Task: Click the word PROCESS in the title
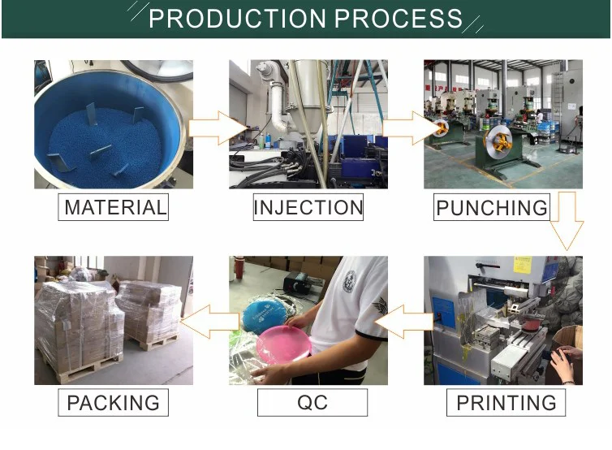click(399, 19)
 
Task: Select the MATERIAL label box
click(115, 207)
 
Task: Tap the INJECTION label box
click(308, 207)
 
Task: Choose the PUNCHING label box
click(492, 208)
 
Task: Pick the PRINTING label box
click(506, 402)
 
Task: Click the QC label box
click(312, 402)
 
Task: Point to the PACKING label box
click(113, 402)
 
